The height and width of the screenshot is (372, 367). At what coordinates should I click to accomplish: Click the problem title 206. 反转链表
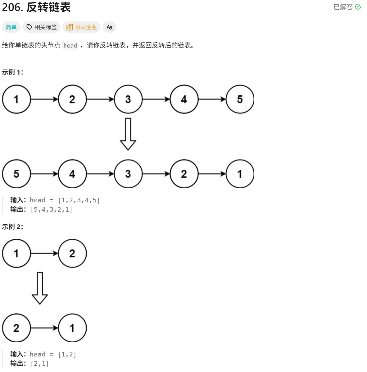point(36,7)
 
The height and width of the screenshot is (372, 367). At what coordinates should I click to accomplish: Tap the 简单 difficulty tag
point(11,27)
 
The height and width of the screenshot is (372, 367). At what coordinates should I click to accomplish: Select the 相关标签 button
point(42,27)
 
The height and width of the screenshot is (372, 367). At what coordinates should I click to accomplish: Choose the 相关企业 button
point(82,27)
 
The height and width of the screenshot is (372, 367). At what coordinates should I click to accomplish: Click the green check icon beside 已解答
point(358,7)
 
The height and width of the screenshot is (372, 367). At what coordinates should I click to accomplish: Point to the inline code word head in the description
point(70,46)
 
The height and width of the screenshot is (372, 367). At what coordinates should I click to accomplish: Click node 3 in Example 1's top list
point(128,99)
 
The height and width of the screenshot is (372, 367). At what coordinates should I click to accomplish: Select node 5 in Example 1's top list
point(240,99)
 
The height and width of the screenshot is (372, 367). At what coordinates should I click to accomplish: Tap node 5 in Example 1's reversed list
point(16,174)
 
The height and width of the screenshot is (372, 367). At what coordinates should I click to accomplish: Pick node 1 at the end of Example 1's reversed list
point(240,174)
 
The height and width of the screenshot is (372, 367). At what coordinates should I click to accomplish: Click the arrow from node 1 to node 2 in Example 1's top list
point(44,99)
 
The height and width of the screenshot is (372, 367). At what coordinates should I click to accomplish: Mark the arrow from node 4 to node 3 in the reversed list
point(100,174)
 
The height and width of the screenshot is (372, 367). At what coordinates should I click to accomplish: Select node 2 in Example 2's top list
point(72,254)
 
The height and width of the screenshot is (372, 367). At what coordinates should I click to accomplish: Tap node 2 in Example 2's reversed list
point(16,328)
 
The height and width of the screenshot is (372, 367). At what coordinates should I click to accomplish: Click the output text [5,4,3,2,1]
point(52,209)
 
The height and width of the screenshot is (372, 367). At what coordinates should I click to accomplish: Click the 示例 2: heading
point(12,227)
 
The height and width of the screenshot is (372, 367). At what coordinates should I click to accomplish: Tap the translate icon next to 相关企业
point(109,27)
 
